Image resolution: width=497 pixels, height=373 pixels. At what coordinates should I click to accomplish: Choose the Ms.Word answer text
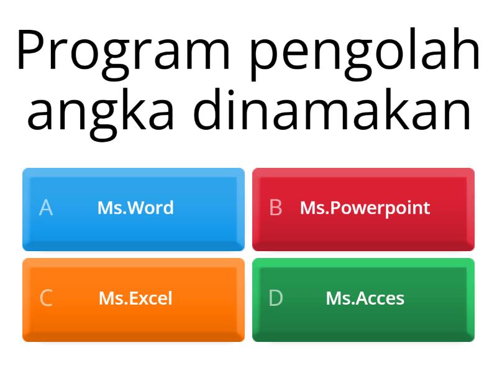point(135,208)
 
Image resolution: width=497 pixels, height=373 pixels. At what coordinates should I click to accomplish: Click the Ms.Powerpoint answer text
point(365,208)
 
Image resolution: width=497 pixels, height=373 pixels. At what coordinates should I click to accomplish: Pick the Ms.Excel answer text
point(135,298)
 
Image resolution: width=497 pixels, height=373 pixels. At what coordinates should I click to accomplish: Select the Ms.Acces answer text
point(365,298)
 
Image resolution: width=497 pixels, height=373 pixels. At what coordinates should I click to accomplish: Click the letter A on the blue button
point(45,208)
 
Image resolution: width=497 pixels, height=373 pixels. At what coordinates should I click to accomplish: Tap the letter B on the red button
point(276,208)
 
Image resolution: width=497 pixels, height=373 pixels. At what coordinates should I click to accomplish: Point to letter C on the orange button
point(46,298)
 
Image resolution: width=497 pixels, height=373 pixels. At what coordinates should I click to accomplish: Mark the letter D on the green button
point(276,298)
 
